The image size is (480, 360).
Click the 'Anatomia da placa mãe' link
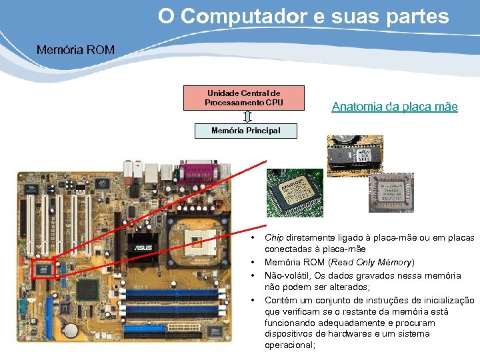coord(395,106)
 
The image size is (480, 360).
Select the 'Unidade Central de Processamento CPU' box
coord(243,98)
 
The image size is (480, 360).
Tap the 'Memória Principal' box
coord(245,131)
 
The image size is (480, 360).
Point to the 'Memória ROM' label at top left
coord(75,49)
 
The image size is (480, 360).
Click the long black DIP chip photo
coord(354,157)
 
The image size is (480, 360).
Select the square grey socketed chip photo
coord(391,193)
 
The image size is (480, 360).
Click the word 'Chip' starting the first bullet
coord(274,237)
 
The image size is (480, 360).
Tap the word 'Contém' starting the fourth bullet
coord(280,300)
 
